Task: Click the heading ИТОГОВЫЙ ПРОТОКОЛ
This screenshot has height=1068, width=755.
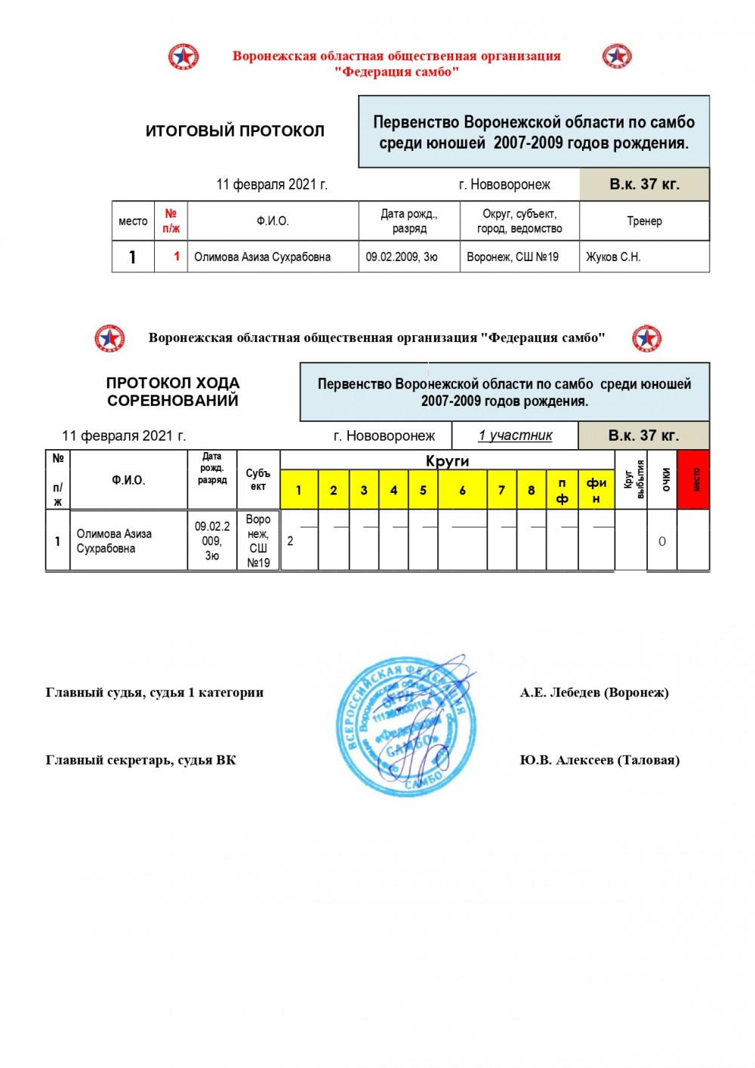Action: pos(235,131)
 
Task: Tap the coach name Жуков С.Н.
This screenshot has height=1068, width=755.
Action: pos(613,257)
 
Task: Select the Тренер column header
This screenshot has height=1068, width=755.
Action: pos(644,221)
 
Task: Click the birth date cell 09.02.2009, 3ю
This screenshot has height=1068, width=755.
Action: pos(402,257)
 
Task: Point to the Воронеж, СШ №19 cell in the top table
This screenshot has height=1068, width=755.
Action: pos(513,257)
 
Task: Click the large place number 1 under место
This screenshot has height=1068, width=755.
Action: pos(133,257)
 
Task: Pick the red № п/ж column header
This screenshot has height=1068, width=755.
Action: pos(171,221)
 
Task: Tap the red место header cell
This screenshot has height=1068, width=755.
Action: pos(694,480)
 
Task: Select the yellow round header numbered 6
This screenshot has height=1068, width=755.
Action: pos(462,491)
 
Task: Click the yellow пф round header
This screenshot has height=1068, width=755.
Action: pos(562,491)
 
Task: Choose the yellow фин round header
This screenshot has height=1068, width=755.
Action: pos(596,491)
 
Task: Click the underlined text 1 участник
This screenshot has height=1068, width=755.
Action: pos(515,436)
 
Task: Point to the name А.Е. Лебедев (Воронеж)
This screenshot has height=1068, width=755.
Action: pos(594,693)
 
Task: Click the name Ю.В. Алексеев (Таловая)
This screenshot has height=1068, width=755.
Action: pos(599,760)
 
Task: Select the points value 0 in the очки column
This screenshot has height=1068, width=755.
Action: pos(662,541)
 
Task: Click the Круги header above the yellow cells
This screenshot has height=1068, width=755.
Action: pos(447,460)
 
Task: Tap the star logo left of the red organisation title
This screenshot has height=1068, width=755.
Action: pos(183,57)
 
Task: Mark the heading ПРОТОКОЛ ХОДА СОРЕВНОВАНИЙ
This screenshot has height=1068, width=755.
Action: pos(173,392)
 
